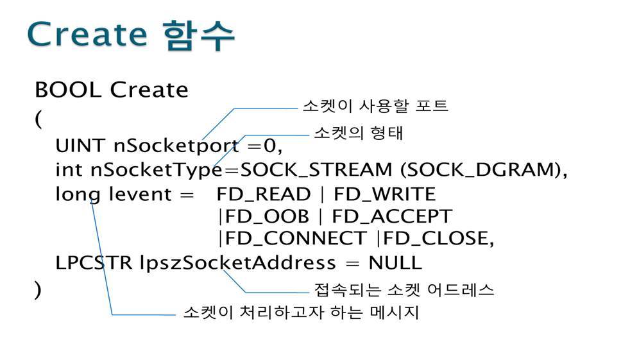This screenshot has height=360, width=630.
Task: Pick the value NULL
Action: click(395, 262)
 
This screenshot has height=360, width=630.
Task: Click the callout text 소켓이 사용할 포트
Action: click(375, 106)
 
